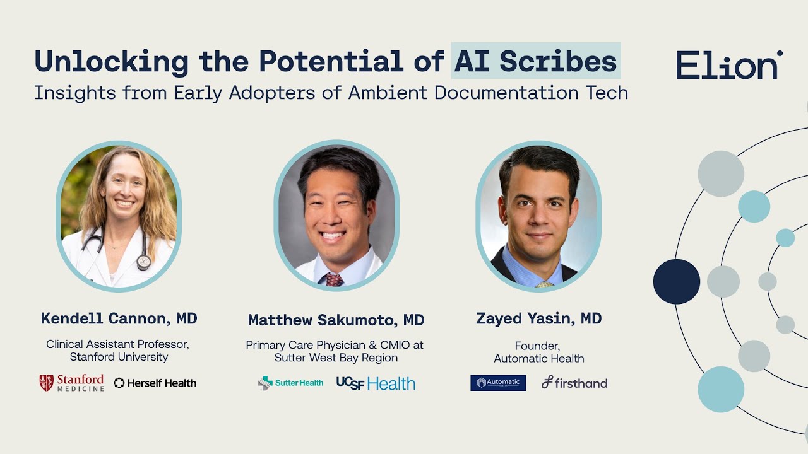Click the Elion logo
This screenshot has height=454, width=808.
coord(729,65)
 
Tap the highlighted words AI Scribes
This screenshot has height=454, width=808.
coord(536,61)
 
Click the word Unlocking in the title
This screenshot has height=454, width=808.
coord(111,61)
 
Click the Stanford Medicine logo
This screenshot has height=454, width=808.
coord(71,383)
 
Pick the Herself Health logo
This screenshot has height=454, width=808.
coord(155,383)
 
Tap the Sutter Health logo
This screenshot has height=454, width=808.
coord(290,383)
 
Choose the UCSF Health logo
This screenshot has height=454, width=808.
coord(376,383)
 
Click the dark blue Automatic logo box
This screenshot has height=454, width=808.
coord(498,383)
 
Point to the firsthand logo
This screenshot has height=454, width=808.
coord(574,383)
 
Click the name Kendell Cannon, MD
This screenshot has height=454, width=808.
coord(119,319)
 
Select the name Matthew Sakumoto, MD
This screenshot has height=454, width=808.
coord(336,320)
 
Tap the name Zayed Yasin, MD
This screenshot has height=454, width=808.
coord(538,319)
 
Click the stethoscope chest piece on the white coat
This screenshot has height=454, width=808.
coord(144,262)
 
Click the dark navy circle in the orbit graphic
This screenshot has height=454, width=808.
coord(676,282)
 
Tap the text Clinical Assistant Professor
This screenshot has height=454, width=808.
coord(117,344)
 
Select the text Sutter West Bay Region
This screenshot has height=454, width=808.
coord(336,358)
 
